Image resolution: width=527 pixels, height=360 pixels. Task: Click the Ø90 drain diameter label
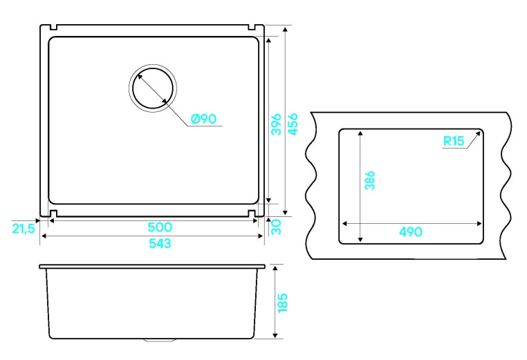click(203, 119)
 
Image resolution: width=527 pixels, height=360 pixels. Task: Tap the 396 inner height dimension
click(276, 124)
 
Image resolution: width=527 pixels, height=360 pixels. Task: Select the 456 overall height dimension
click(293, 124)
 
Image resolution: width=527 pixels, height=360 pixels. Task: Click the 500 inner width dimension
click(160, 227)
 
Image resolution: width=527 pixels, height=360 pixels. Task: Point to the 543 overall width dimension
click(160, 243)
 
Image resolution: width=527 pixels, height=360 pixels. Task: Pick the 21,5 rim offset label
click(24, 229)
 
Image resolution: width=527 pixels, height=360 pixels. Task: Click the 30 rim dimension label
click(276, 227)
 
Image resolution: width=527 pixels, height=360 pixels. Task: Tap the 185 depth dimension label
click(283, 303)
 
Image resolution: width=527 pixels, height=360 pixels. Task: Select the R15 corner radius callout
click(454, 141)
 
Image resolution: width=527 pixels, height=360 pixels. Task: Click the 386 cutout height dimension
click(369, 180)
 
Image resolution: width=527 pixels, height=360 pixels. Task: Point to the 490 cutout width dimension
click(411, 231)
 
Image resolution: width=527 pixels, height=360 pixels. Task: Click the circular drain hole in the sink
click(153, 88)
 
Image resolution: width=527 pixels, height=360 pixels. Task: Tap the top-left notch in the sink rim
click(53, 27)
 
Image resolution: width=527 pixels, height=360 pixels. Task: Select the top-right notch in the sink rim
click(252, 27)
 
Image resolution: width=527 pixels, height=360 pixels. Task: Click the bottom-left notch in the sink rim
click(53, 214)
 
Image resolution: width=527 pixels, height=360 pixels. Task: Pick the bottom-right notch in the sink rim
click(252, 214)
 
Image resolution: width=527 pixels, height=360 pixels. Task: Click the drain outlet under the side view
click(160, 341)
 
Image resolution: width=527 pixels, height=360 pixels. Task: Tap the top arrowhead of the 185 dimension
click(275, 268)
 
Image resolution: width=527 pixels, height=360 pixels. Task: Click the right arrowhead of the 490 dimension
click(479, 224)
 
